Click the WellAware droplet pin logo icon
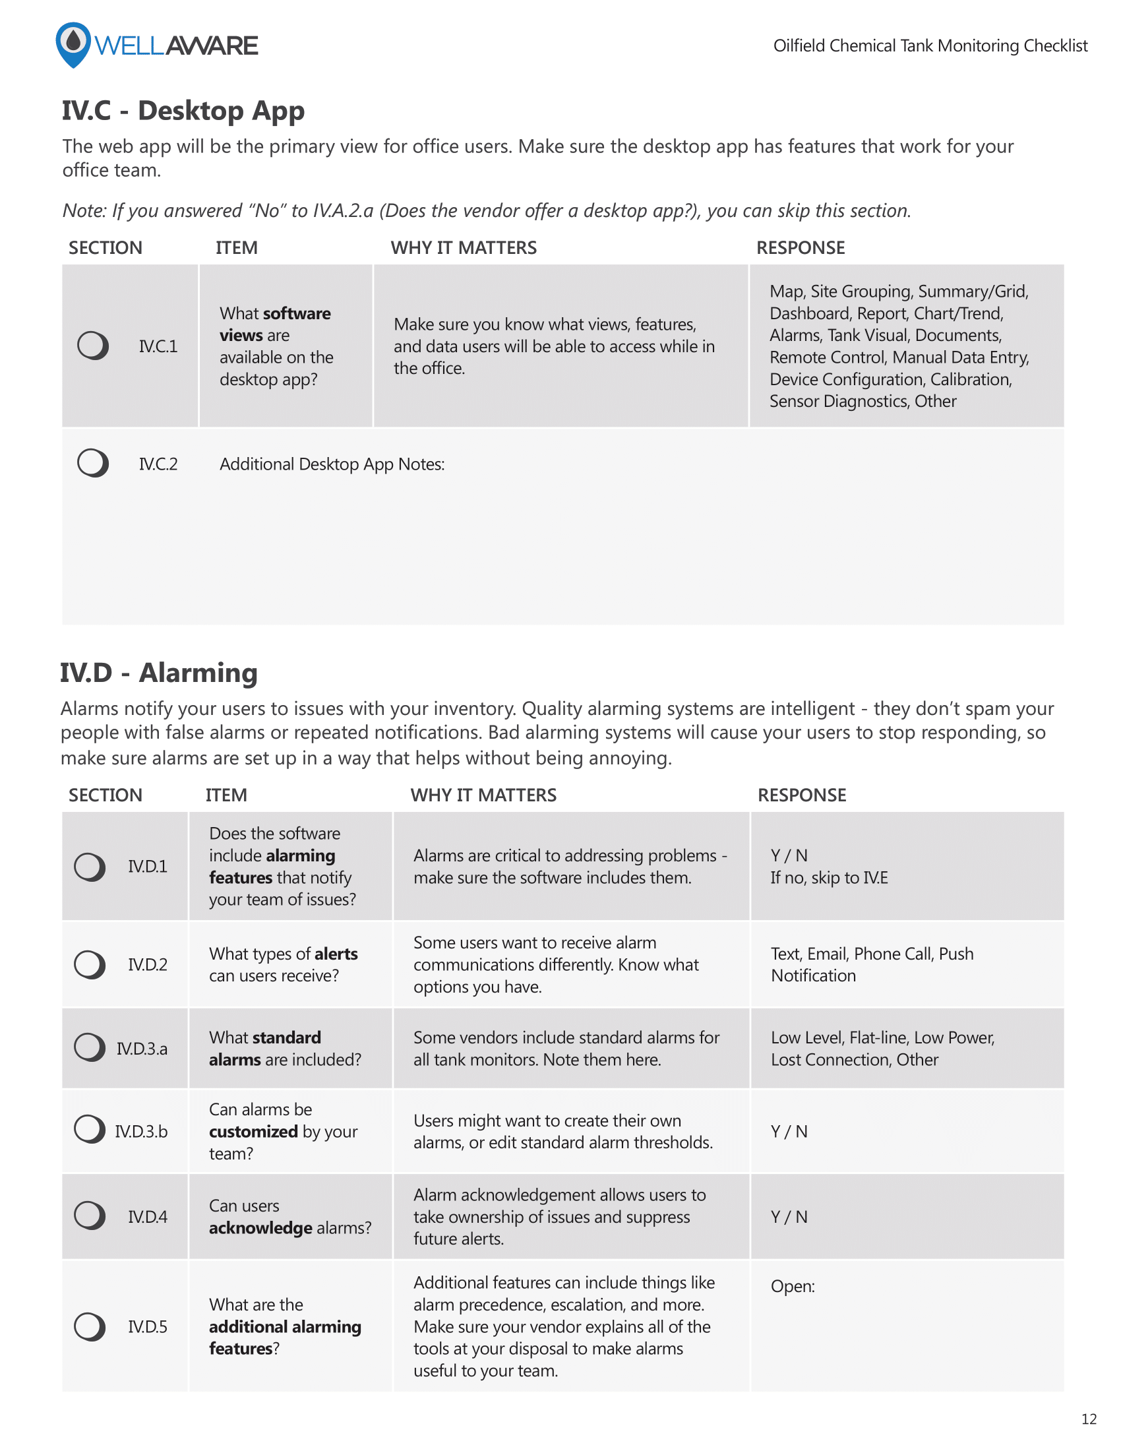[73, 44]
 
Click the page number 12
[1089, 1419]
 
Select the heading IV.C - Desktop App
[183, 110]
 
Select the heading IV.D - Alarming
[159, 672]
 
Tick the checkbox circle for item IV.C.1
[92, 346]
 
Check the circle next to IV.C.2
[92, 463]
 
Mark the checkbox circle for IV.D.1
[89, 867]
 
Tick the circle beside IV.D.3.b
[89, 1128]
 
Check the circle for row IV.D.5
[89, 1327]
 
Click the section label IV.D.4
[148, 1216]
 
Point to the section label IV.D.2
[148, 964]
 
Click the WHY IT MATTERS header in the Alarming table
[483, 795]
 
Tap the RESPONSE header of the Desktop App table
[801, 248]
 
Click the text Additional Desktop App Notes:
[332, 464]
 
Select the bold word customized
[253, 1131]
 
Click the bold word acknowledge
[260, 1228]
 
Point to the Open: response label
[792, 1286]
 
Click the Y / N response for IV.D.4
[789, 1216]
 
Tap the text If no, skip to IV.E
[829, 878]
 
